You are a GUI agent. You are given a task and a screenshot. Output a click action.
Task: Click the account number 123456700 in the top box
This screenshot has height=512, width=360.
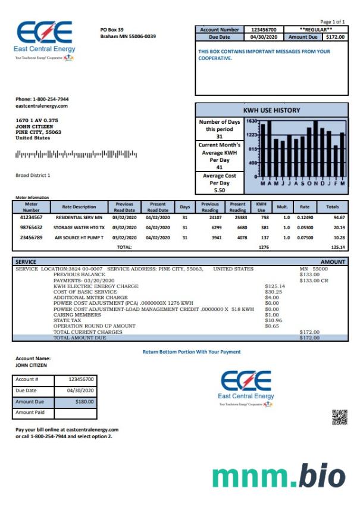(264, 29)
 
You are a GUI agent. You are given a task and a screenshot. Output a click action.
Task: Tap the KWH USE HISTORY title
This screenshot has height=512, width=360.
(271, 110)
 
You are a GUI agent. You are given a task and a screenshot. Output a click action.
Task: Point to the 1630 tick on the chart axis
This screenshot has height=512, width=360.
(251, 121)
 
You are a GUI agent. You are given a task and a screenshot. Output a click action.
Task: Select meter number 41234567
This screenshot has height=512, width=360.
(31, 218)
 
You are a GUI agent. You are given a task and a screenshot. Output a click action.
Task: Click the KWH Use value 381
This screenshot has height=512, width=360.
(261, 227)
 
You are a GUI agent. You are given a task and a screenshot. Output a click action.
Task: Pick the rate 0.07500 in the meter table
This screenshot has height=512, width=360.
(305, 238)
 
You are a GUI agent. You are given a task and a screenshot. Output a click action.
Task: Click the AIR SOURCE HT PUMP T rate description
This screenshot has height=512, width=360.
(79, 238)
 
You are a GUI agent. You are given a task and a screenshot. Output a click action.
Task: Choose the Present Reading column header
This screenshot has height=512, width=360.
(237, 207)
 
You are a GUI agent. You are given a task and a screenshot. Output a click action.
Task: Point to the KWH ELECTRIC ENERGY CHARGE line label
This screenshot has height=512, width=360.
(96, 286)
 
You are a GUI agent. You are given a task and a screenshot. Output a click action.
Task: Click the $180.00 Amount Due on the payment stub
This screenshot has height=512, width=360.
(84, 402)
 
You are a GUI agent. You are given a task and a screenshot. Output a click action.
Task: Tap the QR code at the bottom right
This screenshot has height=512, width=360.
(339, 417)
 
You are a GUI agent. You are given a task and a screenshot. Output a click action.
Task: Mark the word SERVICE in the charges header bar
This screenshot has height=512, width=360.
(26, 261)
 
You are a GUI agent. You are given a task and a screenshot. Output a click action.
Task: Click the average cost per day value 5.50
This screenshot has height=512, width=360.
(219, 190)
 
